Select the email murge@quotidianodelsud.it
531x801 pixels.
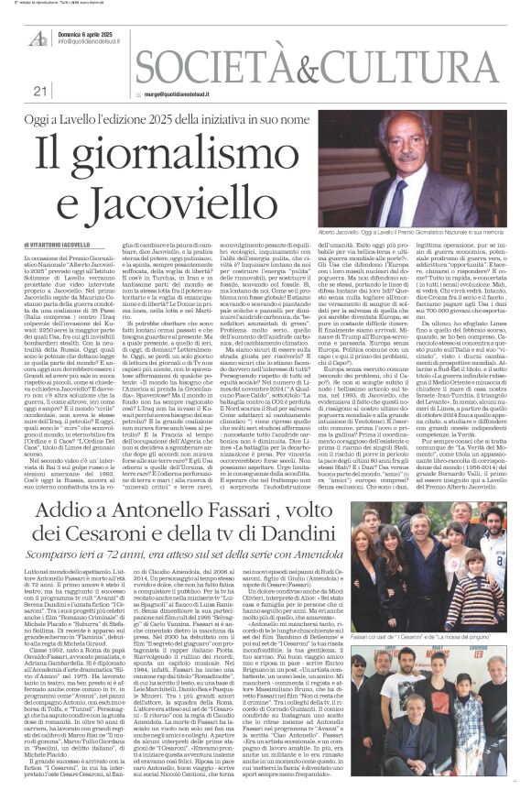tap(183, 93)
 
